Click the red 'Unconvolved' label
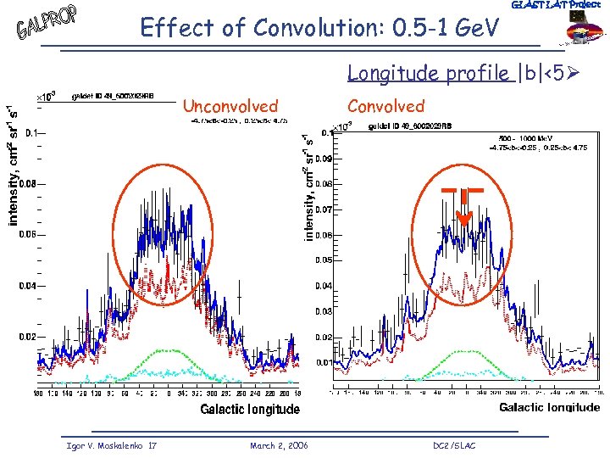click(230, 106)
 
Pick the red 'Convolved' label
click(385, 106)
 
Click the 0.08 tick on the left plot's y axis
click(27, 183)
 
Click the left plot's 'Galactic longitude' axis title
click(250, 410)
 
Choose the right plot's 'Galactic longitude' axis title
click(549, 408)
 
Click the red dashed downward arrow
click(463, 208)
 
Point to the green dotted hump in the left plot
click(174, 353)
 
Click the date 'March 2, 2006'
click(279, 445)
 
